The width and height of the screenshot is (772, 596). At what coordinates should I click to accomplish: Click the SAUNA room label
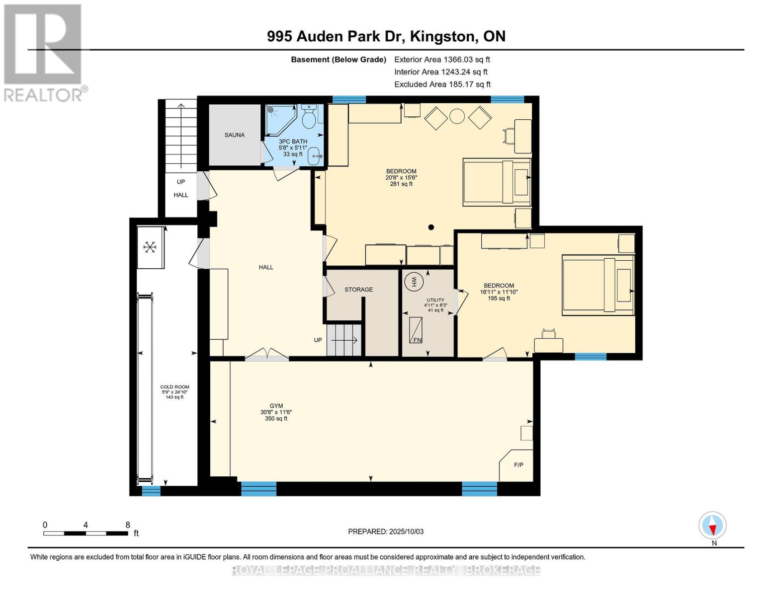tap(234, 135)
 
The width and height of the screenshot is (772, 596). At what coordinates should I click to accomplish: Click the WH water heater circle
tap(413, 282)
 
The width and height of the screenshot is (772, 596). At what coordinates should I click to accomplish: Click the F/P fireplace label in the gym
tap(518, 465)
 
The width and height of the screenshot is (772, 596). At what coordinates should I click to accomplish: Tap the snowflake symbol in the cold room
tap(150, 247)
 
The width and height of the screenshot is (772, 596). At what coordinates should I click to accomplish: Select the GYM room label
tap(276, 406)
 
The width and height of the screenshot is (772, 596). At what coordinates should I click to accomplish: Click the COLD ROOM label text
tap(174, 387)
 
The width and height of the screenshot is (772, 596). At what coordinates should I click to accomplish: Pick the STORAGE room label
tap(358, 290)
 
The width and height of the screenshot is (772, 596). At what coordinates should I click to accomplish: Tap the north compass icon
tap(712, 525)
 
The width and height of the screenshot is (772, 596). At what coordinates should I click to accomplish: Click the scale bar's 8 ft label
tap(128, 525)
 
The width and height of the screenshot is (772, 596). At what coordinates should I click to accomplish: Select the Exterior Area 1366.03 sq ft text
tap(442, 60)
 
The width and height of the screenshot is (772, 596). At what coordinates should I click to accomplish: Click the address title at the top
tap(386, 36)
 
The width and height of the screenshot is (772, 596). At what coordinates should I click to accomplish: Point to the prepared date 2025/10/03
tap(386, 531)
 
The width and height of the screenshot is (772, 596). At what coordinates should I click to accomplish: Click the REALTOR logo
tap(44, 52)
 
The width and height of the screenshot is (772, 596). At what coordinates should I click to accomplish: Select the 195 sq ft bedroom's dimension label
tap(499, 292)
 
